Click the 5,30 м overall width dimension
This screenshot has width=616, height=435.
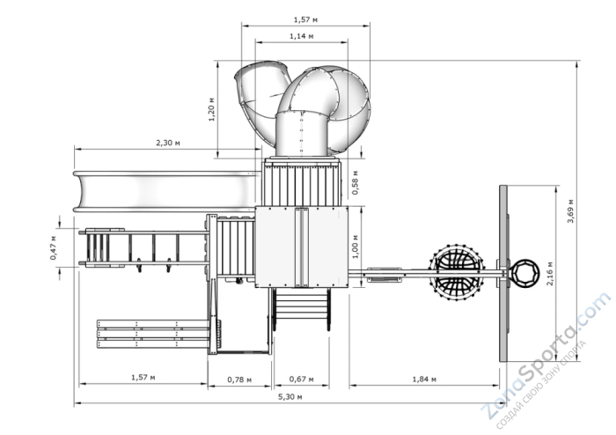click(290, 397)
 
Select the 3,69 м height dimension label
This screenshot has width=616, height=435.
click(570, 211)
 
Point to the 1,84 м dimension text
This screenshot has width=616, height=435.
click(424, 380)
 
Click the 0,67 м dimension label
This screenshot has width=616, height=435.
click(301, 380)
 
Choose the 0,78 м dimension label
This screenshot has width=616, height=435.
click(239, 380)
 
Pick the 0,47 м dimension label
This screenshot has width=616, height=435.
click(53, 247)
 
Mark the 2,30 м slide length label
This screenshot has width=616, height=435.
click(168, 143)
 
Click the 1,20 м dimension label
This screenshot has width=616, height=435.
click(212, 109)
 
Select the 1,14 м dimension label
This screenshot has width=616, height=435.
click(302, 36)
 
